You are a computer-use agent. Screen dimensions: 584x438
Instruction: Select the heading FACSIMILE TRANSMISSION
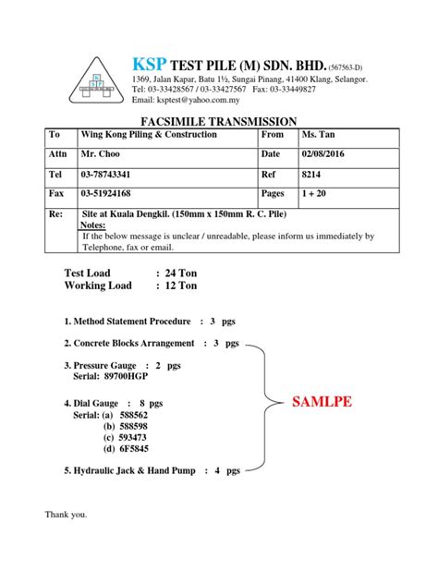point(218,121)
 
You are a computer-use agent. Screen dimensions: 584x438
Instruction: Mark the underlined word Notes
point(94,225)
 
